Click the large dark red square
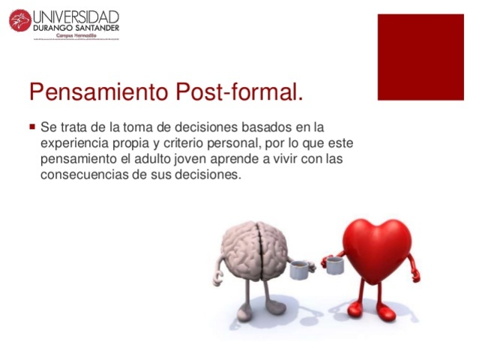[x=421, y=57]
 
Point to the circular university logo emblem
[x=19, y=20]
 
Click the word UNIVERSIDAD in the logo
[x=76, y=16]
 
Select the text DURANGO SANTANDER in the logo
[x=76, y=28]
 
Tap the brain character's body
[x=255, y=247]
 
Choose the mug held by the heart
[x=334, y=265]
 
